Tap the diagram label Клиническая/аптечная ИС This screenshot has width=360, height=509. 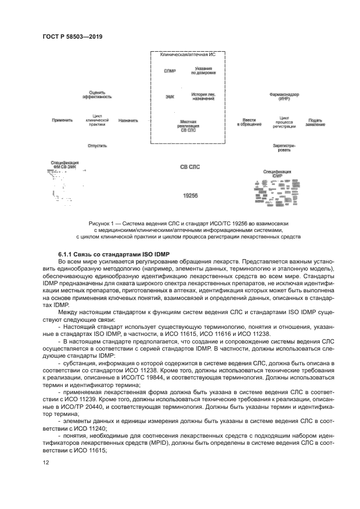[188, 56]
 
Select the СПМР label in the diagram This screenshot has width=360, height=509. [169, 71]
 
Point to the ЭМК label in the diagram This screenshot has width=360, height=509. [169, 96]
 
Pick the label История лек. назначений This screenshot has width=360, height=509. [203, 96]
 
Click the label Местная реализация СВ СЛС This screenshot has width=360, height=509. [188, 126]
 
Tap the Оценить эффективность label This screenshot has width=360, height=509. [97, 94]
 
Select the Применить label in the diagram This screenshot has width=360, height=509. [62, 120]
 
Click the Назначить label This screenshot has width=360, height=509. [128, 120]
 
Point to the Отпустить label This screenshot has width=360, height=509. [97, 146]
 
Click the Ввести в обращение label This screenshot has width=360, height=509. [249, 122]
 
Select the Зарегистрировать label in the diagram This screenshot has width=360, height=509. [284, 148]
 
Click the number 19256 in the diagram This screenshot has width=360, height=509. [190, 194]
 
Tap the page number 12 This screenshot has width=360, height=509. [46, 463]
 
